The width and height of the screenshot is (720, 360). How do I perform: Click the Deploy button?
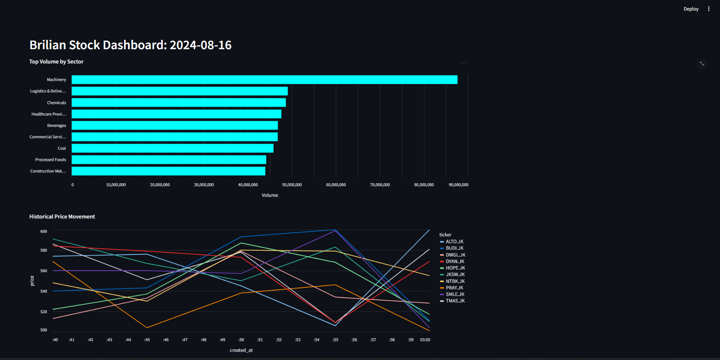point(691,9)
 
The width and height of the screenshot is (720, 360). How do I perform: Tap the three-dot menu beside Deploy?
point(709,9)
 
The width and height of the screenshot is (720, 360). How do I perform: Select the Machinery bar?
point(264,80)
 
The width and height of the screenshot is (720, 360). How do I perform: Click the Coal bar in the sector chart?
point(172,148)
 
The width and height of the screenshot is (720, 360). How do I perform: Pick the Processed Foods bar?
point(169,160)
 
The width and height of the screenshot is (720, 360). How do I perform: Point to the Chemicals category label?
point(57,103)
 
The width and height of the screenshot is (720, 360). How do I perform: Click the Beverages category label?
point(57,126)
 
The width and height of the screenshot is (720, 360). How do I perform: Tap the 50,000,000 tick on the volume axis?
point(292,185)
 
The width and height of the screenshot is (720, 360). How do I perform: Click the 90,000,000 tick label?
point(458,185)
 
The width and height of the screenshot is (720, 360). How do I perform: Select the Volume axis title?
point(270,195)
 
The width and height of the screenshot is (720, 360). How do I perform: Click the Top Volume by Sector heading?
point(56,62)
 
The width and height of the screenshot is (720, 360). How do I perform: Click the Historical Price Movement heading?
point(62,217)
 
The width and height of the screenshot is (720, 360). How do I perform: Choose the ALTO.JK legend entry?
point(454,242)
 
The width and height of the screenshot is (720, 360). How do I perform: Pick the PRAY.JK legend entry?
point(454,288)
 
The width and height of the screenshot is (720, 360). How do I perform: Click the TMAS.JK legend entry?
point(455,301)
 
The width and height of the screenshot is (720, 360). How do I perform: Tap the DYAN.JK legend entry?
point(455,262)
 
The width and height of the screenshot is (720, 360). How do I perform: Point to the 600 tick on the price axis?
point(44,232)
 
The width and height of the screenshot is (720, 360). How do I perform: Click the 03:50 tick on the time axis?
point(425,340)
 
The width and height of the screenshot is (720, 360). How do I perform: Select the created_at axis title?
point(241,350)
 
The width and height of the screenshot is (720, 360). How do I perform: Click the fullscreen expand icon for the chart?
point(702,64)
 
